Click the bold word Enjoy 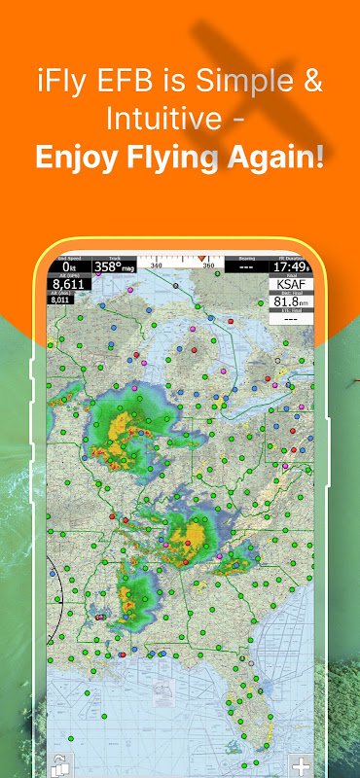[79, 157]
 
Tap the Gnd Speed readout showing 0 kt [68, 265]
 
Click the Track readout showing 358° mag [114, 265]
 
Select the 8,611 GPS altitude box [69, 284]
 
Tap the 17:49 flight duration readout [289, 265]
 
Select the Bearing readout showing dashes [245, 265]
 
